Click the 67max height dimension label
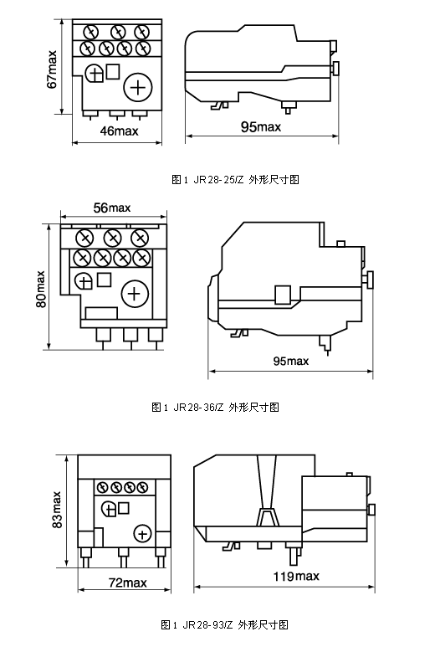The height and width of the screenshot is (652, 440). (52, 69)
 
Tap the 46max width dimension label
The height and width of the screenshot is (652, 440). (120, 131)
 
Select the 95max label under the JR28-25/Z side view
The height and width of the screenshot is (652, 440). (261, 126)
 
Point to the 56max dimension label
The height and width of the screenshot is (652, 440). (112, 208)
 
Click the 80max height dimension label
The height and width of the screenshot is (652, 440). (41, 289)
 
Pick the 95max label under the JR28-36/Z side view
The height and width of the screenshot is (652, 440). (291, 361)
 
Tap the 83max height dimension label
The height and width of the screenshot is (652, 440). (57, 510)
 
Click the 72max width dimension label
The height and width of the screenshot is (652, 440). (127, 583)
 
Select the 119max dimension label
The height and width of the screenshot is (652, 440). (296, 576)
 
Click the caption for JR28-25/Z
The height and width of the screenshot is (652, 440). (235, 180)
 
